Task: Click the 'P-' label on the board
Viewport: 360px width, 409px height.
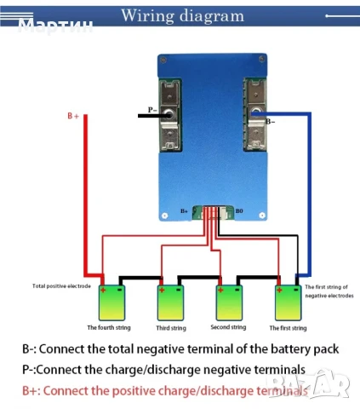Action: tap(151, 110)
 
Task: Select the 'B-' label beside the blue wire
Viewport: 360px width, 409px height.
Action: tap(270, 122)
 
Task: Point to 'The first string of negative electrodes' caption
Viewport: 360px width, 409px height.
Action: tap(328, 291)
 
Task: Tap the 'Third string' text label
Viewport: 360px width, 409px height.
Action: tap(170, 326)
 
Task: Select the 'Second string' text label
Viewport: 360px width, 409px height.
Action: tap(228, 326)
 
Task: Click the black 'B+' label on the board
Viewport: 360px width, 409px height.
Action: tap(184, 210)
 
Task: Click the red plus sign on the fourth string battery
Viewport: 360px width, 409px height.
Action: tap(105, 290)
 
